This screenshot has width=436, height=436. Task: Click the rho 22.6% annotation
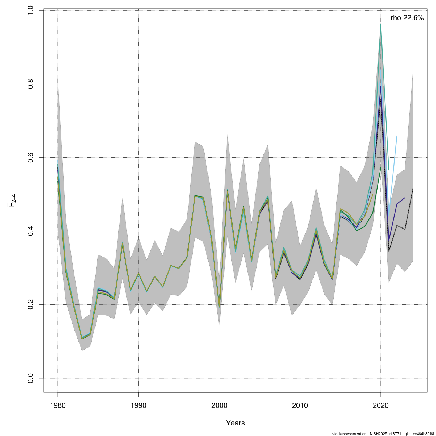(407, 18)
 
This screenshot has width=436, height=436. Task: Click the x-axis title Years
(235, 423)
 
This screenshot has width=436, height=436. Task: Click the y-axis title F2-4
(12, 201)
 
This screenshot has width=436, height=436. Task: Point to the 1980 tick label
(58, 405)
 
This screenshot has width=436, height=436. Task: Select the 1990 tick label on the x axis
(138, 405)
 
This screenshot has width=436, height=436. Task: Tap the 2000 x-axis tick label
(219, 405)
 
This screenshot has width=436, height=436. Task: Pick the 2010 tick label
(300, 405)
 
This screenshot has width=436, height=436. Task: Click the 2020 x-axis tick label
(380, 405)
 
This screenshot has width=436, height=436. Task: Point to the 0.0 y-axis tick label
(31, 378)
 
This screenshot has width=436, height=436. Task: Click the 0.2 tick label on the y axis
(31, 304)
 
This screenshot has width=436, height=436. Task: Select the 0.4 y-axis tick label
(31, 231)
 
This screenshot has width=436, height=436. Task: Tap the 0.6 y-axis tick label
(31, 157)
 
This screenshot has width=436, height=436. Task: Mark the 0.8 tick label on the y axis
(31, 84)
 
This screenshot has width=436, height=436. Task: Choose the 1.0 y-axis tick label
(31, 11)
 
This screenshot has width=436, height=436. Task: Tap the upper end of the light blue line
(397, 136)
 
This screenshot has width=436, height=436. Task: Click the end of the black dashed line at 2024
(413, 189)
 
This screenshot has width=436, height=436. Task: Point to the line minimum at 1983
(82, 338)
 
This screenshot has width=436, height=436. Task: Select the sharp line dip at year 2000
(219, 307)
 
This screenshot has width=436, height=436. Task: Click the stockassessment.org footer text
(383, 434)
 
